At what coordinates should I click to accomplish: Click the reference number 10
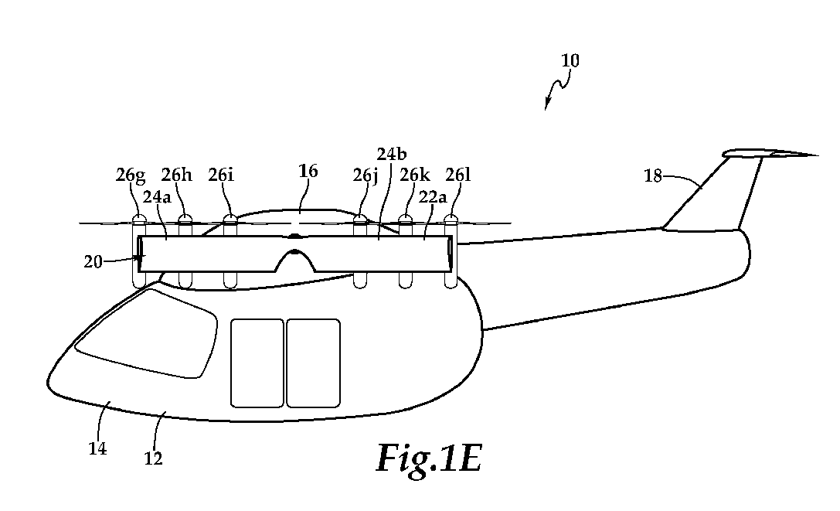click(x=570, y=60)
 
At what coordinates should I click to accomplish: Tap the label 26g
click(x=130, y=175)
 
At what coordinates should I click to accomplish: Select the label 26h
click(x=176, y=175)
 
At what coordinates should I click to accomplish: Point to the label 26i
click(x=221, y=175)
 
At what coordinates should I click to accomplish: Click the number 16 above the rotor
click(x=308, y=171)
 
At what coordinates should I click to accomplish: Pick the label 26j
click(x=366, y=175)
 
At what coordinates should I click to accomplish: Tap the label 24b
click(x=392, y=155)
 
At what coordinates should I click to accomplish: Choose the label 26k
click(x=415, y=175)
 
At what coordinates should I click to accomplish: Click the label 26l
click(x=458, y=175)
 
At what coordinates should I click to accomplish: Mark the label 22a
click(x=432, y=197)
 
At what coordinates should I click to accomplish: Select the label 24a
click(x=157, y=197)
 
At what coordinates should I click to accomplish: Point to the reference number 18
click(x=653, y=176)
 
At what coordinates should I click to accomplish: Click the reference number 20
click(x=93, y=261)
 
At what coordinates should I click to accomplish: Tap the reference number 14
click(x=97, y=448)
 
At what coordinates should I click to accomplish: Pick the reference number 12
click(x=153, y=458)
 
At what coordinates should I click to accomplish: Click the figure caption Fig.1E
click(x=429, y=458)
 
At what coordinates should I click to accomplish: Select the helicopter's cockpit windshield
click(x=146, y=333)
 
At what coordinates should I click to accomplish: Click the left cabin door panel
click(x=257, y=363)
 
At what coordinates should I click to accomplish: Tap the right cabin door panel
click(x=314, y=363)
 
